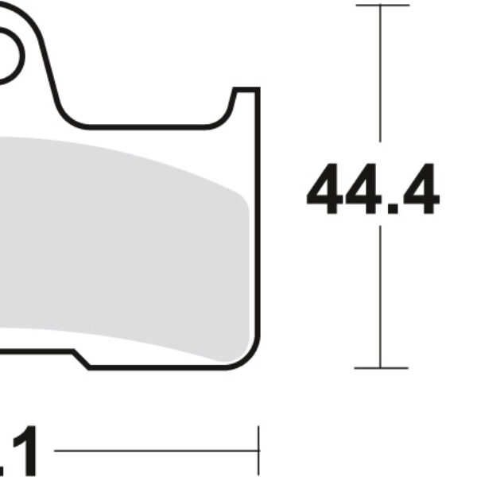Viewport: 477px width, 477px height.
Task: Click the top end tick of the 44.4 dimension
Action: [x=382, y=5]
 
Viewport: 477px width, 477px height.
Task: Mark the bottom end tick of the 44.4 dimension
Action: [x=382, y=368]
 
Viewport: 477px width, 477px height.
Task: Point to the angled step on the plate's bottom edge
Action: [x=82, y=360]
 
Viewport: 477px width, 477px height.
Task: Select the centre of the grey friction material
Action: [x=119, y=238]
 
